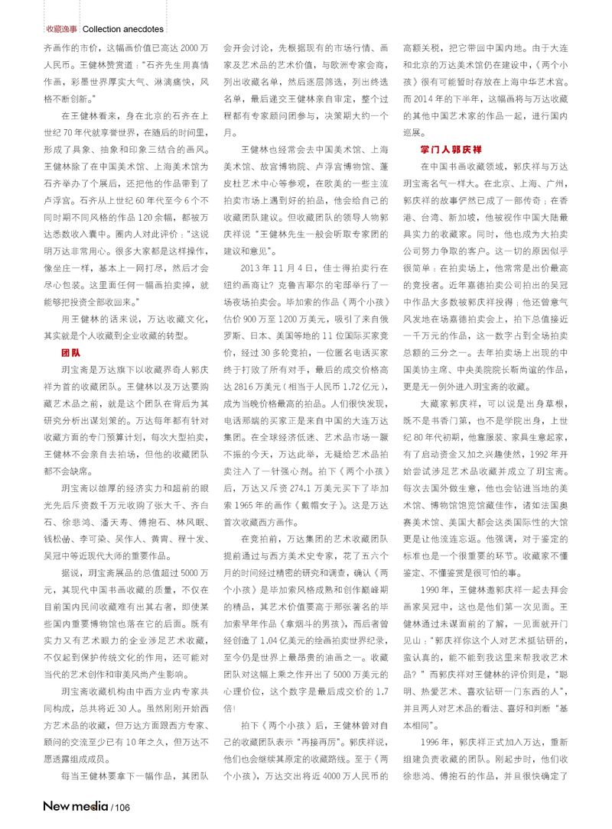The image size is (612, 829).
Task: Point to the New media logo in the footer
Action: [x=76, y=805]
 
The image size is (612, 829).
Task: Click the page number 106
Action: [x=122, y=807]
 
